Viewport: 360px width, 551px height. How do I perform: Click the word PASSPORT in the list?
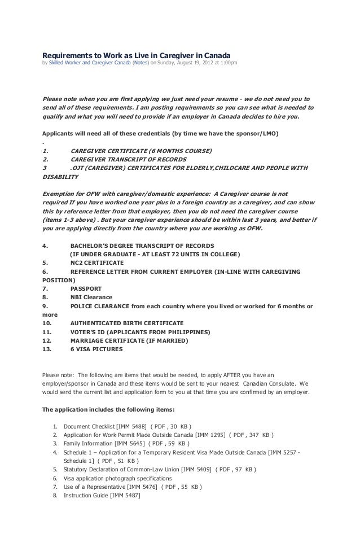pyautogui.click(x=86, y=288)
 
